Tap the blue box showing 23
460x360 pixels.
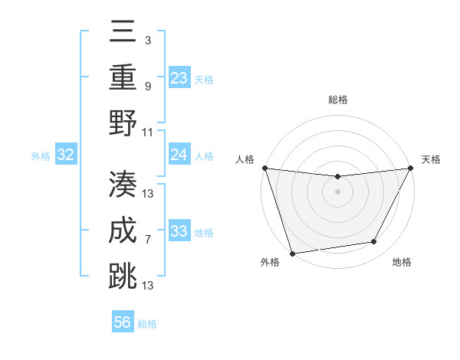point(179,77)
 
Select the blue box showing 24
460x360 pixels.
point(179,155)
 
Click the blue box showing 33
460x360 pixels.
point(179,231)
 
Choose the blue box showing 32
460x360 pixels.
point(66,155)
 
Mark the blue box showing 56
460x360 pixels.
point(123,322)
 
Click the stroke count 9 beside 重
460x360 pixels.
point(147,87)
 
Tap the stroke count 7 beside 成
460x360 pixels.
point(147,240)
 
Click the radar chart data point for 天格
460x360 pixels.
point(411,169)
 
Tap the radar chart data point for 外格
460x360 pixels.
point(292,253)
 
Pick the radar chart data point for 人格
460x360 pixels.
point(264,168)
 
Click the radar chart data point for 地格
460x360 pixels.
point(374,242)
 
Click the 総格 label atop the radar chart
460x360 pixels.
point(337,100)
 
